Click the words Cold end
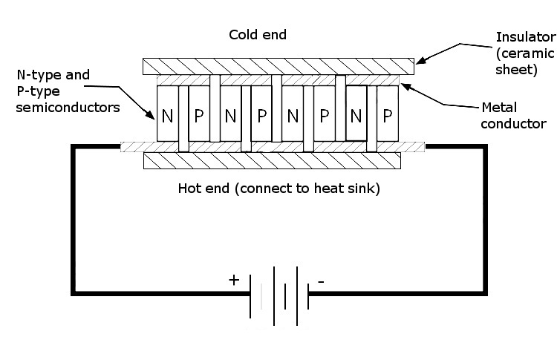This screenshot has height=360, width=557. coord(257,35)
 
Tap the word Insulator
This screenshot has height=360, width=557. coord(525,36)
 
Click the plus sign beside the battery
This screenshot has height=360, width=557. coord(234,280)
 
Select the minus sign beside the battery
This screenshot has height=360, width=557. coord(320,281)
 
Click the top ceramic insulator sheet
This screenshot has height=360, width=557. coord(278,66)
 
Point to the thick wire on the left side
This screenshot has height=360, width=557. coord(73,223)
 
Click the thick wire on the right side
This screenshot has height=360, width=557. coord(486,223)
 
